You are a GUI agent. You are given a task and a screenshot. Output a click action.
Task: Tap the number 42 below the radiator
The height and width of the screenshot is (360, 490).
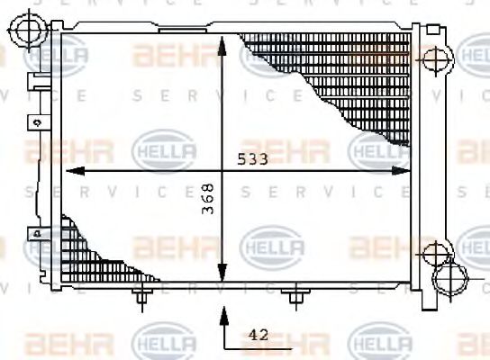258,334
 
